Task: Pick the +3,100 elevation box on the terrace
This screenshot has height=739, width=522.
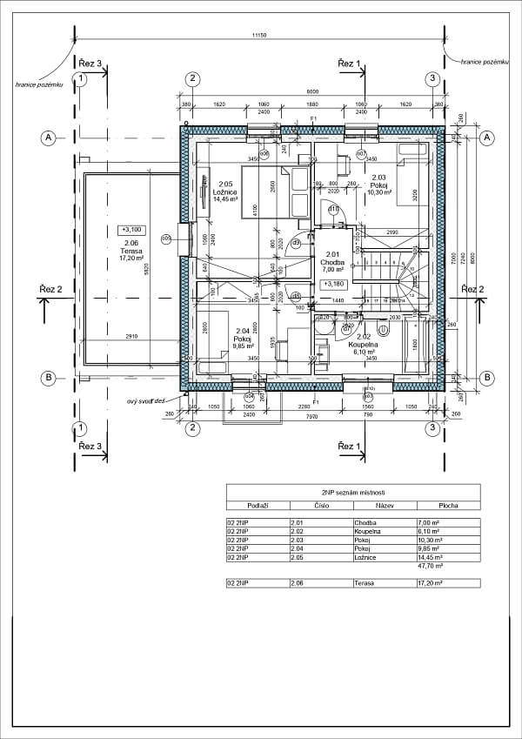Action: point(132,231)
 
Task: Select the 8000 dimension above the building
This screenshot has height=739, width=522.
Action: point(311,92)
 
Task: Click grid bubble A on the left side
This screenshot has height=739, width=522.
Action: point(49,138)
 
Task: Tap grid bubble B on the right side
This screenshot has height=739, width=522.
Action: point(487,377)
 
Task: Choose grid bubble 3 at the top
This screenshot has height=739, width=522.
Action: point(432,79)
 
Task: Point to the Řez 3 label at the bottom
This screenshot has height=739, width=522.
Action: point(90,446)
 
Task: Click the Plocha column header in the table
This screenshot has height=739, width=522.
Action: point(447,504)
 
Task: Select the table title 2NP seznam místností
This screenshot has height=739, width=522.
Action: point(352,492)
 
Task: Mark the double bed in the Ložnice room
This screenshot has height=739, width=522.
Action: point(275,191)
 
